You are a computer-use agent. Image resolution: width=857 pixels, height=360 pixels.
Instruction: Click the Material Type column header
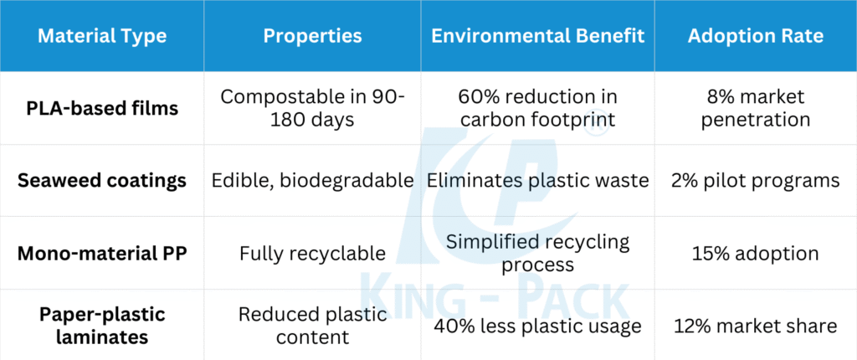[102, 36]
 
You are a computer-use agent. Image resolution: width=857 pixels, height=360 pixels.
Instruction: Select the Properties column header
[312, 36]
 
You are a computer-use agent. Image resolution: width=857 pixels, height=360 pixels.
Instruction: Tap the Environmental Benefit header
[538, 36]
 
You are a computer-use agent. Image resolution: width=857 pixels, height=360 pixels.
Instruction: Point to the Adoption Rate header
[756, 36]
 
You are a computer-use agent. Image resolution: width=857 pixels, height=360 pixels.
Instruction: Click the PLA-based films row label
[102, 108]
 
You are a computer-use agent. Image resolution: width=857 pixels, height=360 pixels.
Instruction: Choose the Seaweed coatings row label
[102, 181]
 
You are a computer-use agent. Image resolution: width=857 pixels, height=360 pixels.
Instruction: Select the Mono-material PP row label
[102, 254]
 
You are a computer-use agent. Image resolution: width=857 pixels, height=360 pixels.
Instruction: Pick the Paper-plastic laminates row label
[102, 326]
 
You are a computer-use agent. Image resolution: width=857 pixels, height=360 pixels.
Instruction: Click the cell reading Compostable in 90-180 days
[312, 108]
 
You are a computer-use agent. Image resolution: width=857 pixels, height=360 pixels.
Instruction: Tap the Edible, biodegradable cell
[312, 181]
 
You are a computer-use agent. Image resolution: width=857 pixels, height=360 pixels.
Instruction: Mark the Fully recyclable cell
[312, 254]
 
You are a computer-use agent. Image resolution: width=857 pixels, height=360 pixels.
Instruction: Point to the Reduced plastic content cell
[312, 326]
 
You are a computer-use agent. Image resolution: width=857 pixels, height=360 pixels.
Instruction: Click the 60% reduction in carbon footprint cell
[538, 108]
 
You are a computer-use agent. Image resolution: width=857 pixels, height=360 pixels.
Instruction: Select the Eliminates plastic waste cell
[538, 181]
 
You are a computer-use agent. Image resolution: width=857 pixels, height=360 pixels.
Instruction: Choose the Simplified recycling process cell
[538, 254]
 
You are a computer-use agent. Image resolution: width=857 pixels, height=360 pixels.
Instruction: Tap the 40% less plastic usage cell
[538, 326]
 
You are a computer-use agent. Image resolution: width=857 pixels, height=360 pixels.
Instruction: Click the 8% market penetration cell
[756, 108]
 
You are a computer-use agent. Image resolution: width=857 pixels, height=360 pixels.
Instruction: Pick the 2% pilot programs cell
[756, 181]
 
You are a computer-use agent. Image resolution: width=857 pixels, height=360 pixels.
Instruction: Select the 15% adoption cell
[756, 254]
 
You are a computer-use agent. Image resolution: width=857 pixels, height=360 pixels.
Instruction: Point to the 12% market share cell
[756, 326]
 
